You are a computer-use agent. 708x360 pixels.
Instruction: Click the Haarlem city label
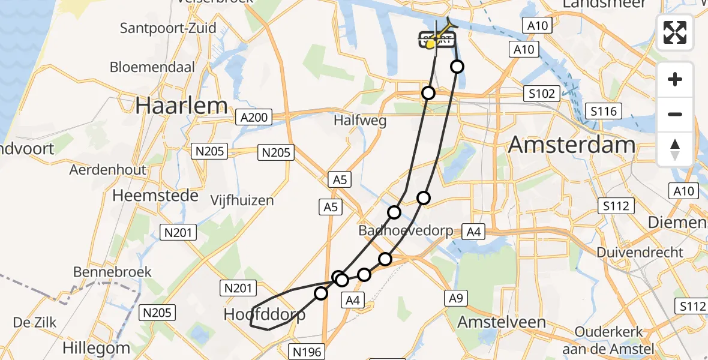tap(181, 106)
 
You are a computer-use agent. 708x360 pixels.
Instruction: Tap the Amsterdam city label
tap(572, 145)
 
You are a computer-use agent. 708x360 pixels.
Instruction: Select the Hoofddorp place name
tap(264, 314)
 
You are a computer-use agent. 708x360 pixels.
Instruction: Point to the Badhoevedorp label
tap(405, 231)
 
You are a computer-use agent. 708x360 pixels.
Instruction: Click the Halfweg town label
tap(360, 121)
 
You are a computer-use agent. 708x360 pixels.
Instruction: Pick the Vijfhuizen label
tap(242, 200)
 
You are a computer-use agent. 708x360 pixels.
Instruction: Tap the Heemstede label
tap(155, 196)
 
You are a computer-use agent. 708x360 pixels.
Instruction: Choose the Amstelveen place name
tap(502, 322)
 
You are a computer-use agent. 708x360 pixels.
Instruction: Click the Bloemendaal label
tap(152, 67)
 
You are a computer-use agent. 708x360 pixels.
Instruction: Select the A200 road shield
tap(254, 117)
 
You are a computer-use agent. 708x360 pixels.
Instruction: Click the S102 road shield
tap(541, 94)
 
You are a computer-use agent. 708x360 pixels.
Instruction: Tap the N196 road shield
tap(307, 351)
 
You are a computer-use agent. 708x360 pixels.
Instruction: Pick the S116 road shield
tap(604, 111)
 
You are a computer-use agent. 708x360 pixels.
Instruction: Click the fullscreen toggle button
tap(675, 32)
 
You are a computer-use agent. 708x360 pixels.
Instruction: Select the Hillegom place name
tap(97, 348)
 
